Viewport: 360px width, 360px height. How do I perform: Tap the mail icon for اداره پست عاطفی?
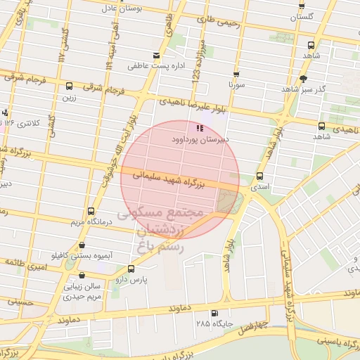click(x=155, y=56)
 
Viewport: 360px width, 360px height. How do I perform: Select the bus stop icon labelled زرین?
click(x=69, y=86)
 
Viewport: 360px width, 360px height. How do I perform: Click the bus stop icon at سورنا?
click(x=236, y=73)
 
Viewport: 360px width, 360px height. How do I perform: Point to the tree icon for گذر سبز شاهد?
click(x=303, y=79)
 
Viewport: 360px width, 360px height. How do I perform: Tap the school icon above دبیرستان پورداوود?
click(x=200, y=128)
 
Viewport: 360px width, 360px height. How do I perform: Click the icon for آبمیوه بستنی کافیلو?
click(x=82, y=245)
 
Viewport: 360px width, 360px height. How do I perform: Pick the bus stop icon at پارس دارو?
click(x=131, y=269)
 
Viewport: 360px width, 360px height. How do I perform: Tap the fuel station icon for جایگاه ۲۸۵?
click(x=214, y=313)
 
